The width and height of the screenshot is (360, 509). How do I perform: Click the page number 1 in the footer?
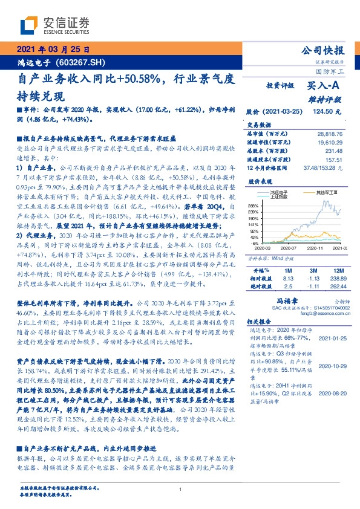tap(180, 489)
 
